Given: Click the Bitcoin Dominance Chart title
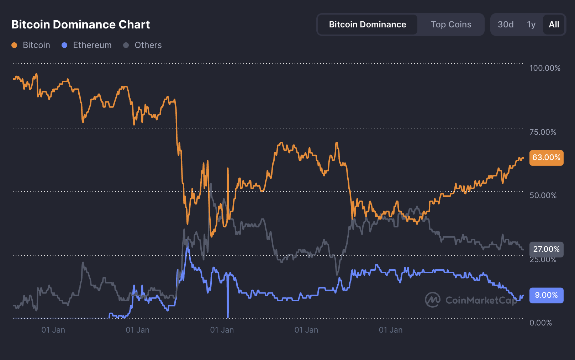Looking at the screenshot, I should click(x=81, y=25).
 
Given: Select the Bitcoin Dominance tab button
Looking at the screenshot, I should click(x=367, y=25).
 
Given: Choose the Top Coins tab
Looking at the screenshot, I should click(x=451, y=25).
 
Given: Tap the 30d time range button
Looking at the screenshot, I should click(x=505, y=25).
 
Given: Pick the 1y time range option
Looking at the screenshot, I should click(x=531, y=25).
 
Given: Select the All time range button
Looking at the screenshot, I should click(x=554, y=25).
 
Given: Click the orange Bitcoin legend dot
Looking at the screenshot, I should click(x=14, y=45).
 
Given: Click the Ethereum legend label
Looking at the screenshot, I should click(x=92, y=45).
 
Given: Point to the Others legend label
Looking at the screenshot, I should click(x=148, y=45).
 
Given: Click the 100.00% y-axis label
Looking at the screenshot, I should click(x=545, y=68).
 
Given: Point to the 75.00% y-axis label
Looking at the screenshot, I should click(x=543, y=132).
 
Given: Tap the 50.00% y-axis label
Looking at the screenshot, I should click(x=543, y=195).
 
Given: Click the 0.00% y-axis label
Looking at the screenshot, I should click(x=540, y=323).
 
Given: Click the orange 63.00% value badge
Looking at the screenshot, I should click(x=546, y=158).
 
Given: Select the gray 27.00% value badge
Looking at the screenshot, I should click(x=546, y=249).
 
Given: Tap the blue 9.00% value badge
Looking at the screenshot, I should click(x=546, y=295).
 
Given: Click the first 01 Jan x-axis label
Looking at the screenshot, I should click(x=53, y=330).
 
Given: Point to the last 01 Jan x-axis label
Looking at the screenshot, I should click(x=390, y=330).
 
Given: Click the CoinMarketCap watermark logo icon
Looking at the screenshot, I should click(x=433, y=300).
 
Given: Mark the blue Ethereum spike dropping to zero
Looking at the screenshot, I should click(x=228, y=306).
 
